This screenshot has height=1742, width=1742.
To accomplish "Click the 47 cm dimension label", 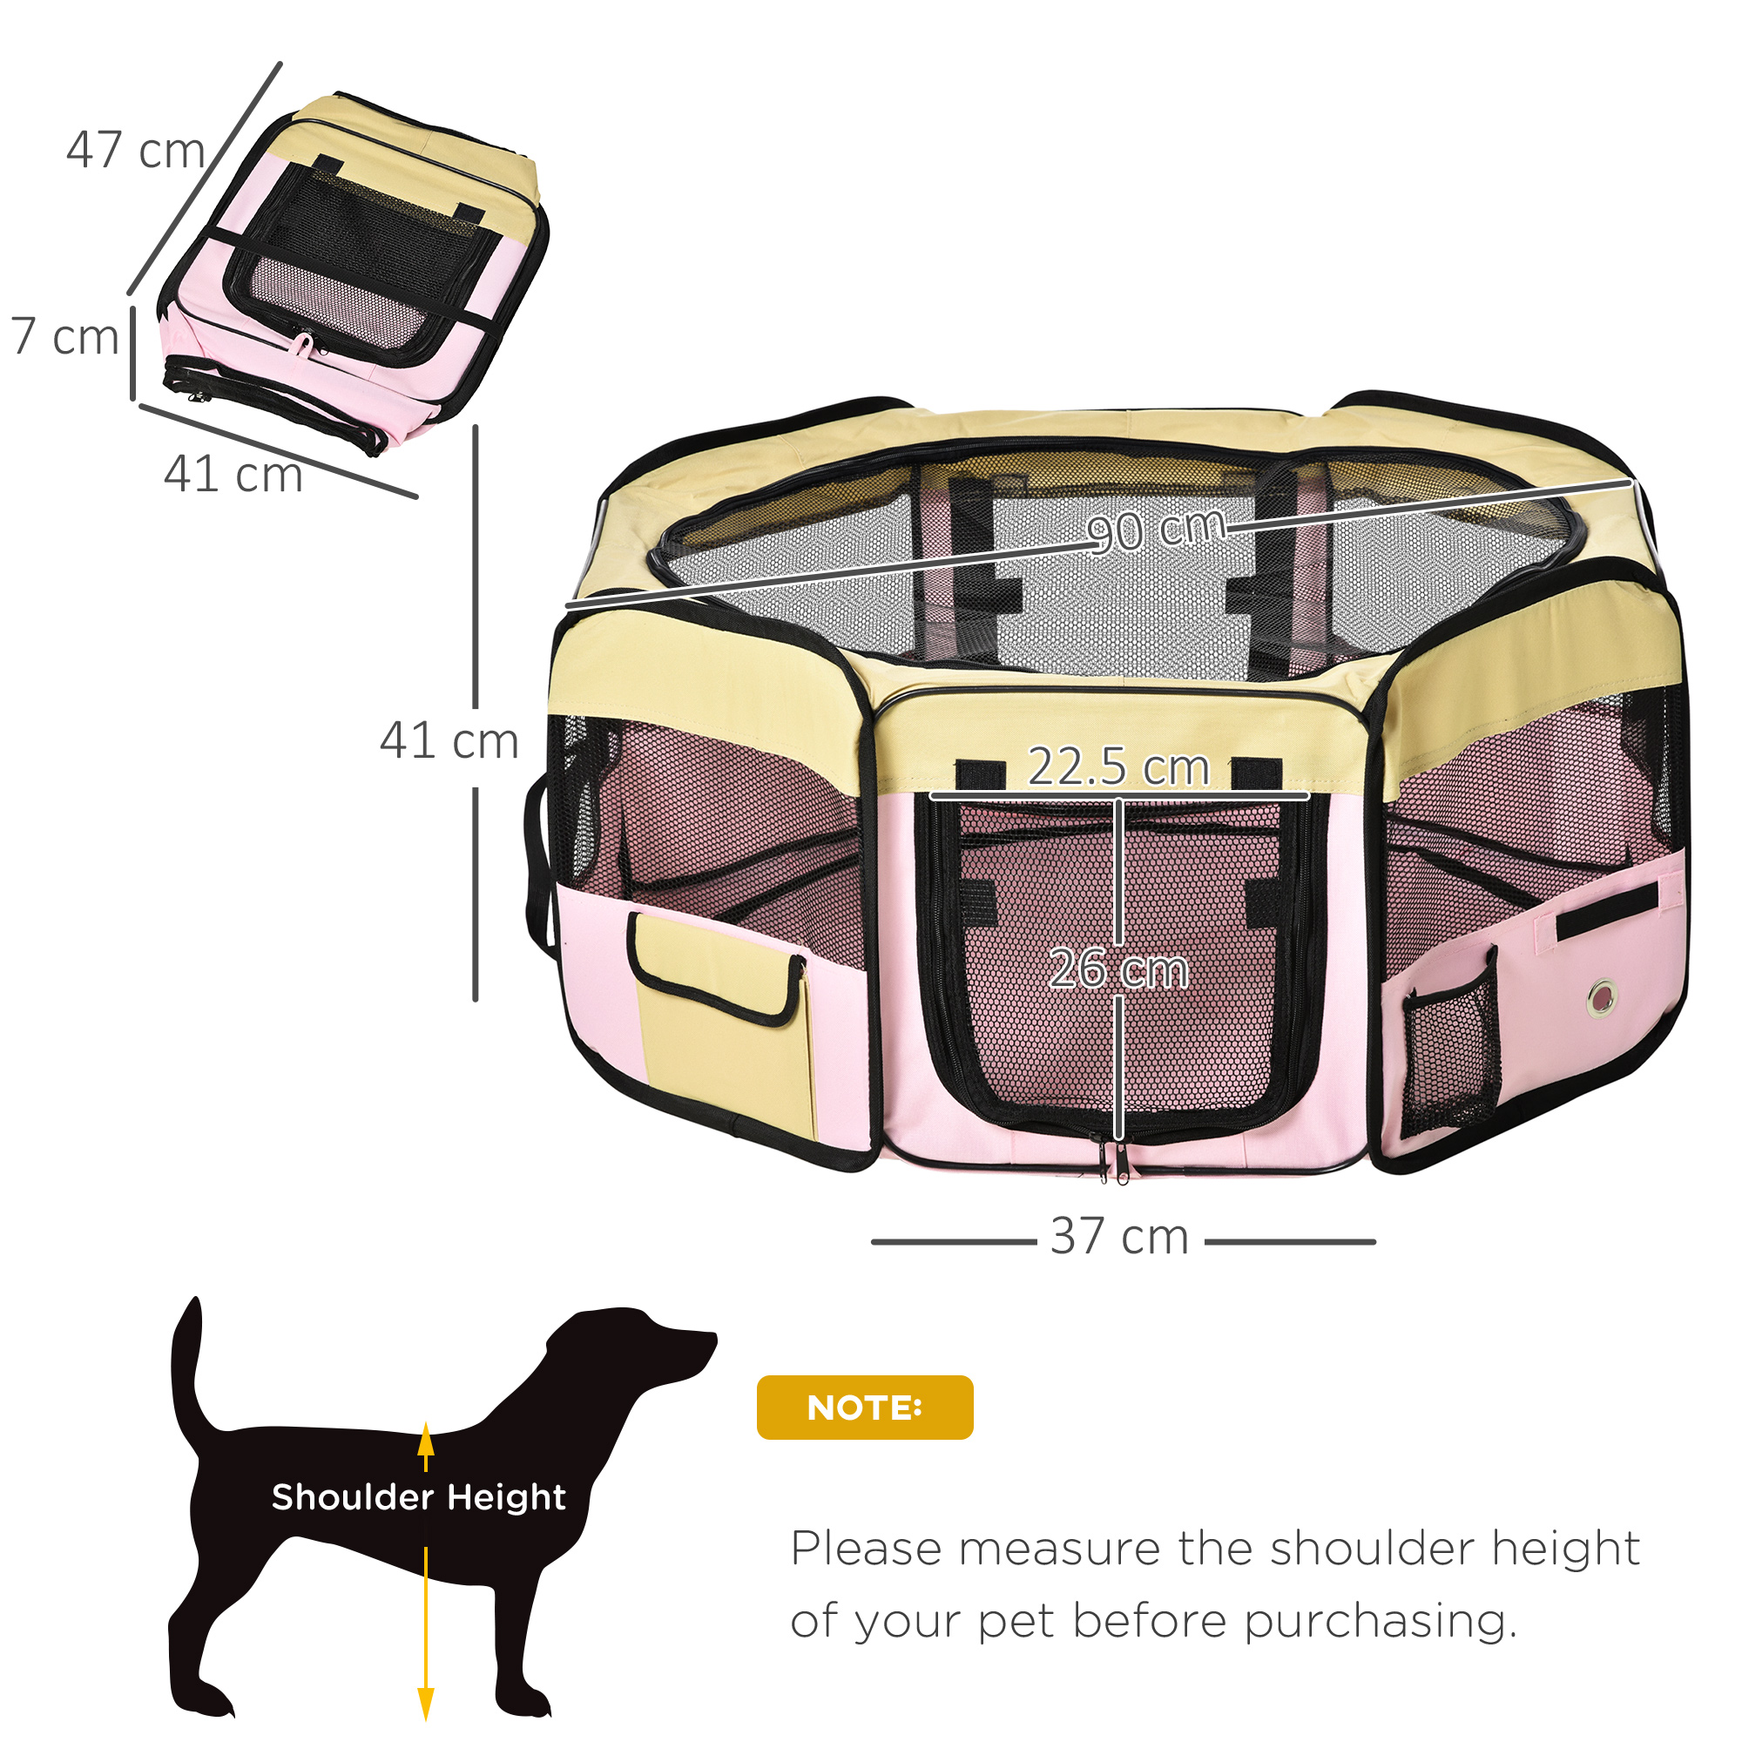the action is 135,150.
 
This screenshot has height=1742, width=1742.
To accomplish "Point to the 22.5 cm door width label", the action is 1118,766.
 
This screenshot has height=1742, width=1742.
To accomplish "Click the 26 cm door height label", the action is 1119,969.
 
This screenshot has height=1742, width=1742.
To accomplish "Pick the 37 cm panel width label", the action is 1120,1235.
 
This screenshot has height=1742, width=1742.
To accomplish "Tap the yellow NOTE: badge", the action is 865,1408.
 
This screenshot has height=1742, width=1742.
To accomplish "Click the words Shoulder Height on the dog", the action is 418,1496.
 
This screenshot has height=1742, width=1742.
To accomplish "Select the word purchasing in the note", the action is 1381,1621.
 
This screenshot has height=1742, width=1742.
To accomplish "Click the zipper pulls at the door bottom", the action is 1111,1163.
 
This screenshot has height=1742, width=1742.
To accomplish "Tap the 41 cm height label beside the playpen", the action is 449,741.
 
